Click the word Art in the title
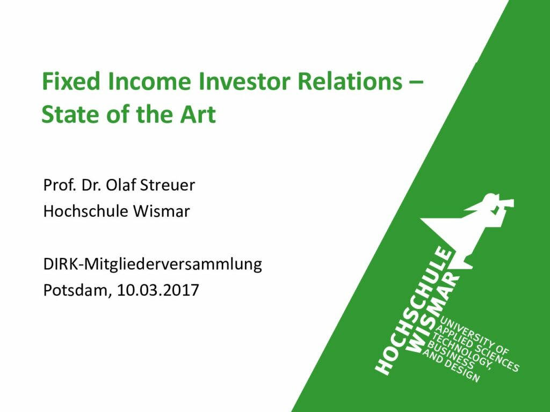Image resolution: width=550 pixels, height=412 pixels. (198, 114)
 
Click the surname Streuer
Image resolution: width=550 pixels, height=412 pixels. (168, 185)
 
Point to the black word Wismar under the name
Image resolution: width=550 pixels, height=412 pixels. (161, 211)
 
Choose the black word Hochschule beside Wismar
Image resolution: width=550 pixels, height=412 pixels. (86, 211)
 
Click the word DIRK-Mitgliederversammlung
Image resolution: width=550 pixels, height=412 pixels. (153, 264)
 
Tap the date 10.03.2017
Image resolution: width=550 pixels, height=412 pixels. (158, 290)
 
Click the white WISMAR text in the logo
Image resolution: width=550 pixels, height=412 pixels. (434, 313)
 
